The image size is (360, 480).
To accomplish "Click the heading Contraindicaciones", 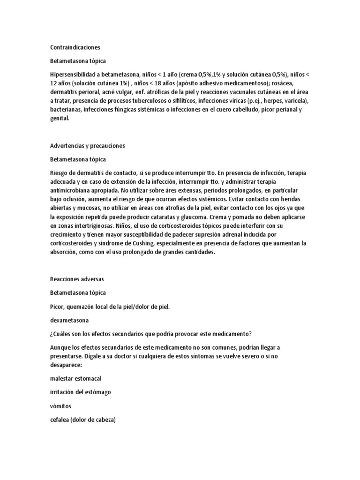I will pos(75,47).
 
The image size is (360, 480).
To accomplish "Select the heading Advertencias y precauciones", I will pos(88,146).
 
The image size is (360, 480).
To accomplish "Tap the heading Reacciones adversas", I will pos(77,279).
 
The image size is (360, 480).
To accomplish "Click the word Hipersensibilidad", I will pos(72,74).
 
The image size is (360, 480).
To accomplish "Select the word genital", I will pos(60,119).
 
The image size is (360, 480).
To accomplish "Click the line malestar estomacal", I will pos(76,378).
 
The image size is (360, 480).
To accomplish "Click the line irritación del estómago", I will pos(81,392).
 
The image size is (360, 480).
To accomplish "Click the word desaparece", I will pos(66,365).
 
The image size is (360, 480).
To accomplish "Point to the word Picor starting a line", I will pos(58,306).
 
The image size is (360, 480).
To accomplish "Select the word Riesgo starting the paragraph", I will pos(60,173).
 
